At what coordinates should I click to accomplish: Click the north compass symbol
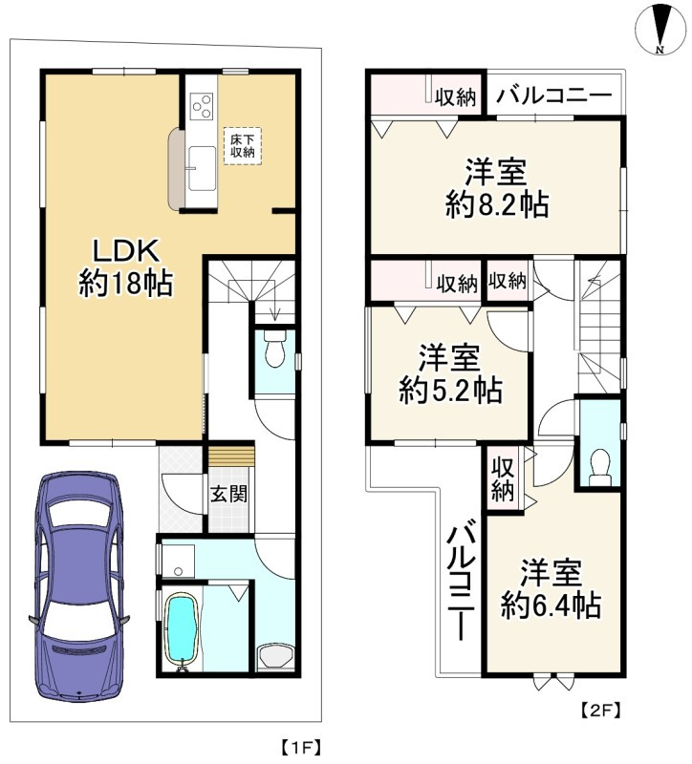661,30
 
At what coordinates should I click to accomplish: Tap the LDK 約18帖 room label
126,268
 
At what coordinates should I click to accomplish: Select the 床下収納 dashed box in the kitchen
243,146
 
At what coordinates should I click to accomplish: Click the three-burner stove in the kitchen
202,105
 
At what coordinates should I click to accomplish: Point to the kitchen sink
202,169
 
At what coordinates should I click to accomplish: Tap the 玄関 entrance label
228,494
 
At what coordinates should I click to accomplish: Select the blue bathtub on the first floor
182,630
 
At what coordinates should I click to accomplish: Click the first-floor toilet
275,350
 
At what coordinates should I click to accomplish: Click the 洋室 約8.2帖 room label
496,188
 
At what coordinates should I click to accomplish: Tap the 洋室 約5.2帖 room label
450,374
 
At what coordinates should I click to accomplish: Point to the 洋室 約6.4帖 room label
551,589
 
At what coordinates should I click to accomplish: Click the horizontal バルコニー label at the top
553,94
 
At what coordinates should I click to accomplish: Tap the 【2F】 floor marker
601,711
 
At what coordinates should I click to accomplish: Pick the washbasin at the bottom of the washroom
275,657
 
